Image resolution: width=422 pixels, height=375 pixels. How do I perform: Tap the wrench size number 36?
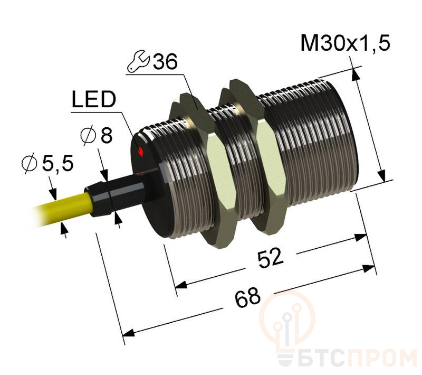tap(164, 63)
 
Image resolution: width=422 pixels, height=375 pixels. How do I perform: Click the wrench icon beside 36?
tap(139, 63)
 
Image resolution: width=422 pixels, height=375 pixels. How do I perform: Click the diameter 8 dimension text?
tap(99, 136)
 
